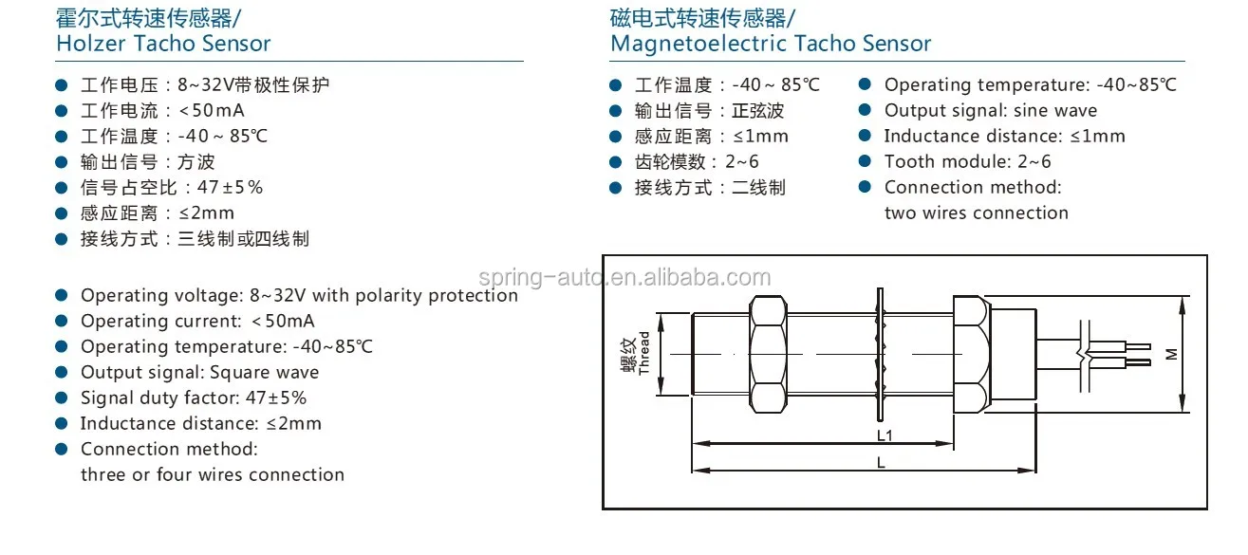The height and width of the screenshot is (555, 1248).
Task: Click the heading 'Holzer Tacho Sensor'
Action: [163, 44]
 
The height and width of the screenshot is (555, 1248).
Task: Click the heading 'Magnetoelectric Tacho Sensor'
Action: [770, 44]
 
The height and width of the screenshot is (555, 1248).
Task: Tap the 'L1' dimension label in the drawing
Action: [884, 435]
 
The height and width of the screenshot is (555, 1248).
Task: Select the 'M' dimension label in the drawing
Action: [1171, 353]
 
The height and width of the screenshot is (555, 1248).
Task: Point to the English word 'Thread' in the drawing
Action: [644, 353]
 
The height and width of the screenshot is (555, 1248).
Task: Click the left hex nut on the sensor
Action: [769, 354]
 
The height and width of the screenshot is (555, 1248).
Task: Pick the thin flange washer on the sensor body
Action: [879, 354]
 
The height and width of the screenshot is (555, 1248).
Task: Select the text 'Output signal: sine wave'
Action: [990, 111]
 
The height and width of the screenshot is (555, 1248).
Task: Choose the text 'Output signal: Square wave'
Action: [199, 373]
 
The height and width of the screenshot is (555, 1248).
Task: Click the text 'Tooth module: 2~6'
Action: [967, 162]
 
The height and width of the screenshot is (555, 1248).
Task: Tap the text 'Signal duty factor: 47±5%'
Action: [193, 398]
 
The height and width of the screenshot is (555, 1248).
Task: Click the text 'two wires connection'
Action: [976, 213]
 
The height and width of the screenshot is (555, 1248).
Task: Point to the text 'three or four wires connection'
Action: [212, 475]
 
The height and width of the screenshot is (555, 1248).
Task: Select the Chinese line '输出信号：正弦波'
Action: [709, 111]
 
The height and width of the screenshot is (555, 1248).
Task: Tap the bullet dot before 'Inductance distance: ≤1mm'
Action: [865, 137]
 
